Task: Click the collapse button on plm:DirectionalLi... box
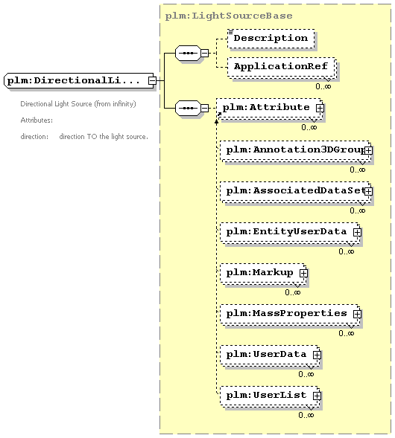152,81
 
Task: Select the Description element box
271,39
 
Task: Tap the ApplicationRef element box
281,67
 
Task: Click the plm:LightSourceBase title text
229,16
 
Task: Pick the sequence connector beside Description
188,53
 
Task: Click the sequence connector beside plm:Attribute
188,108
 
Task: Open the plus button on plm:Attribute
320,108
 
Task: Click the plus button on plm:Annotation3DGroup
368,150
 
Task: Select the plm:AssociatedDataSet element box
295,192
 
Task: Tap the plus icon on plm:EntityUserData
357,233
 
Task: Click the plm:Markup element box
263,273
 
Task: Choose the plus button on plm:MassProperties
357,315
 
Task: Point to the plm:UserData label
266,354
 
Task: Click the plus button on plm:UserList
317,396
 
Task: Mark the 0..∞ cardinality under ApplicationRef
323,86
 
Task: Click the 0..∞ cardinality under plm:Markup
293,292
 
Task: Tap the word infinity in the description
124,104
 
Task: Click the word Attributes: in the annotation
37,120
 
